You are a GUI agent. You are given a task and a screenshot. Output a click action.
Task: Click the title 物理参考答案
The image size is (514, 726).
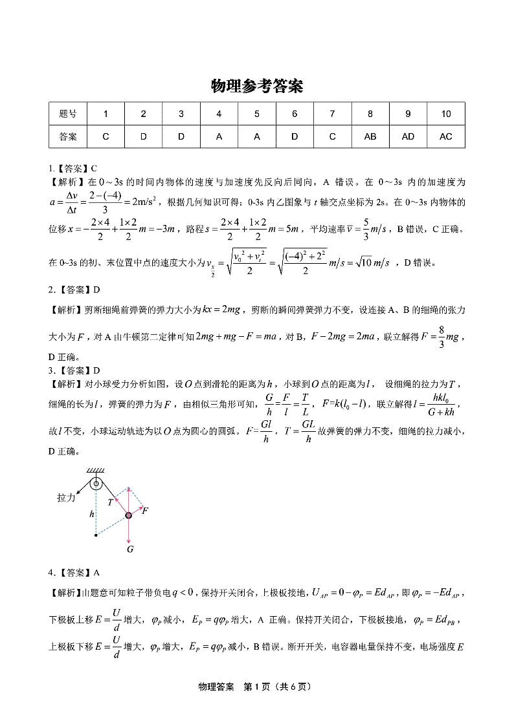pos(257,86)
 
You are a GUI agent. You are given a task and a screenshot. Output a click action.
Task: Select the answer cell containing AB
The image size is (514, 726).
pos(370,136)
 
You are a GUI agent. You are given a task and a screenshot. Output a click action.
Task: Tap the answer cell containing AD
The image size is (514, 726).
pos(408,136)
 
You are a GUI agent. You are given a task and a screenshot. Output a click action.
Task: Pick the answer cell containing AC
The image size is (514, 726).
pos(446,136)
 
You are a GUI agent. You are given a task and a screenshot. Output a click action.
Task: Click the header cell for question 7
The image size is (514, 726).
pos(332,114)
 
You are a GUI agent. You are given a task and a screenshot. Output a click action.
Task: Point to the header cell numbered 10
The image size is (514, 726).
pos(446,114)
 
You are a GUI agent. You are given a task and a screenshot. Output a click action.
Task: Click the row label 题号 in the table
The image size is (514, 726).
pos(67,114)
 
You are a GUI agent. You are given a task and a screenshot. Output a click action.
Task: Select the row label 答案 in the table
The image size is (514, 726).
pos(67,136)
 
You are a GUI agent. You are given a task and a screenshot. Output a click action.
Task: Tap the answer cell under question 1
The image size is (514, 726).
pos(106,136)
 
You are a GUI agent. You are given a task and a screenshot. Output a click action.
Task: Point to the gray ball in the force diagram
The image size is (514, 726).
pos(129,515)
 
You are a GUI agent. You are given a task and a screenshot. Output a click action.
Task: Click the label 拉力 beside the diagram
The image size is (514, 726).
pos(66,498)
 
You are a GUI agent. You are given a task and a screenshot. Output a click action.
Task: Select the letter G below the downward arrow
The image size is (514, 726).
pos(129,550)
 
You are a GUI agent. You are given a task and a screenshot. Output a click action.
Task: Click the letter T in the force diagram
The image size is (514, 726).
pos(111,501)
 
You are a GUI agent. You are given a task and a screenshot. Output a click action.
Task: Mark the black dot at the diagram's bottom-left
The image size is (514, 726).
pos(96,535)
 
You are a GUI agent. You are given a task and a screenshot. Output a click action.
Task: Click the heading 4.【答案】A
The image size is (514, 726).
pos(74,572)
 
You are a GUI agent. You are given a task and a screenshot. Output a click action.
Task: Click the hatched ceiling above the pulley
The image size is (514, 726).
pos(96,470)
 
